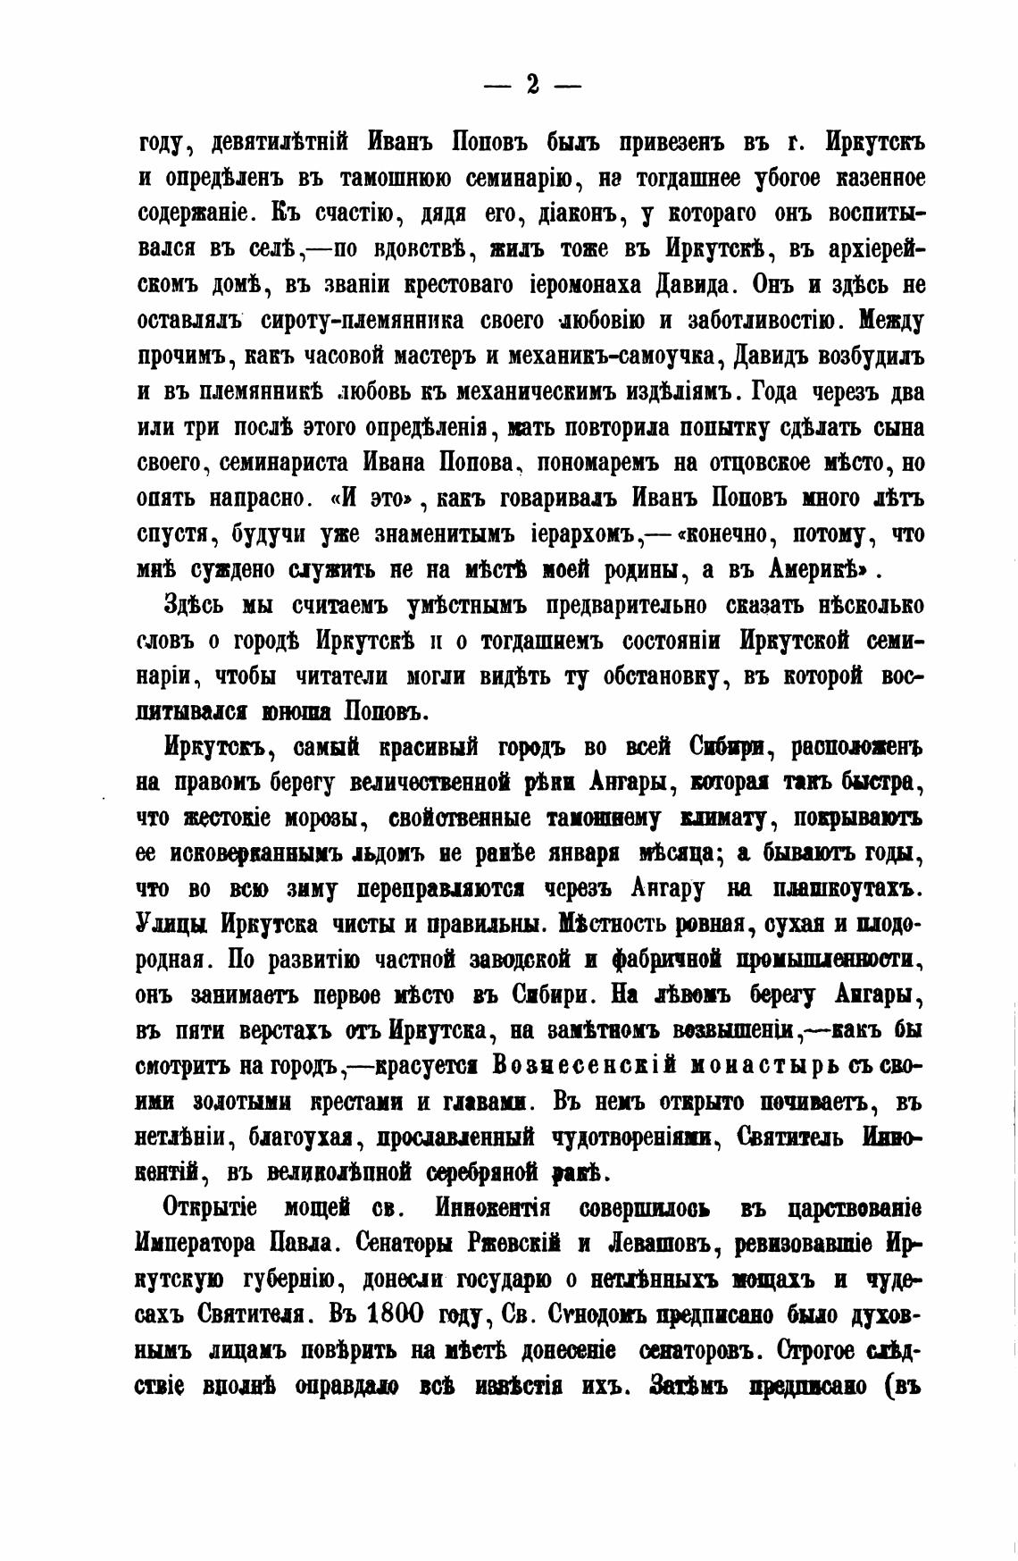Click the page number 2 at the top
(532, 85)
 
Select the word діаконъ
(561, 214)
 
